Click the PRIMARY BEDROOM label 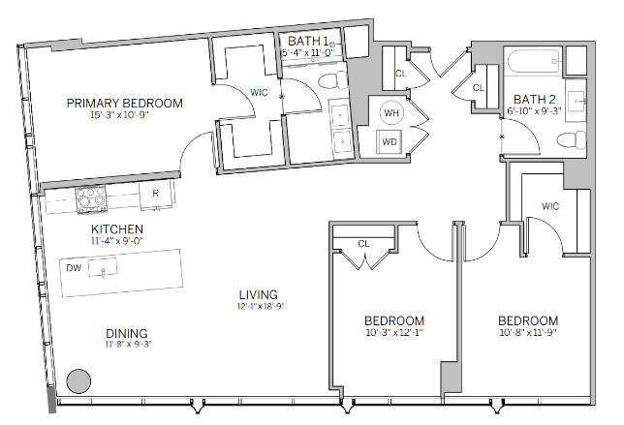[x=125, y=104]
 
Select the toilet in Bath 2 [x=571, y=140]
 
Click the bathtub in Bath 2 [x=534, y=61]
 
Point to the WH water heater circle [x=391, y=113]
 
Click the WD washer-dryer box [x=390, y=142]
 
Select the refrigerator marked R [x=156, y=195]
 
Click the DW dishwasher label [x=74, y=268]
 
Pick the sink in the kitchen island [x=103, y=267]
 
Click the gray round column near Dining [x=78, y=381]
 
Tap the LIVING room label [x=259, y=294]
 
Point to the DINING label [x=127, y=333]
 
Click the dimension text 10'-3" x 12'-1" [x=394, y=332]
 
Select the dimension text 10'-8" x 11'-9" [x=528, y=332]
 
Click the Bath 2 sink [x=576, y=101]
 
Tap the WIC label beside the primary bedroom [x=259, y=93]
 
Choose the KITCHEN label [x=117, y=229]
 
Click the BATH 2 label [x=535, y=99]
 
